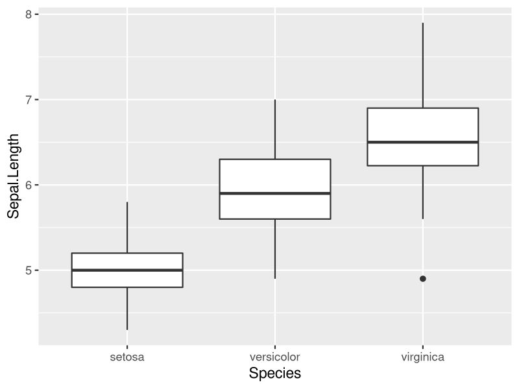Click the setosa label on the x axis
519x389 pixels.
127,357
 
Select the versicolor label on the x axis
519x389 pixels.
275,357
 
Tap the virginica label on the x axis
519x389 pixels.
423,357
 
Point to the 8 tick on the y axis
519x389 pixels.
29,14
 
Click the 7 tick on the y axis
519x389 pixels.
29,100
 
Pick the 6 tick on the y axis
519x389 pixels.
29,185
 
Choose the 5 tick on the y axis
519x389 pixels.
29,270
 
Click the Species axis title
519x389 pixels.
275,373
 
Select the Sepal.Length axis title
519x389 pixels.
14,176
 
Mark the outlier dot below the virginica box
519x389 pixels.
423,279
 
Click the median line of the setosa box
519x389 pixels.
127,270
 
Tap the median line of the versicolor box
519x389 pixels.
275,193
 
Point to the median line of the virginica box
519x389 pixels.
423,142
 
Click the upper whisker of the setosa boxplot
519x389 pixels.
127,227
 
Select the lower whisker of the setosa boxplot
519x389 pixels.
127,309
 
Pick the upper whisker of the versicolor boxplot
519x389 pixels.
275,130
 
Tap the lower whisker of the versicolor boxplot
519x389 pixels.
275,249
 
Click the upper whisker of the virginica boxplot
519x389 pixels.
423,65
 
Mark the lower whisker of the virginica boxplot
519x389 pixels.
423,193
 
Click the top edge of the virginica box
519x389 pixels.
423,108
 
